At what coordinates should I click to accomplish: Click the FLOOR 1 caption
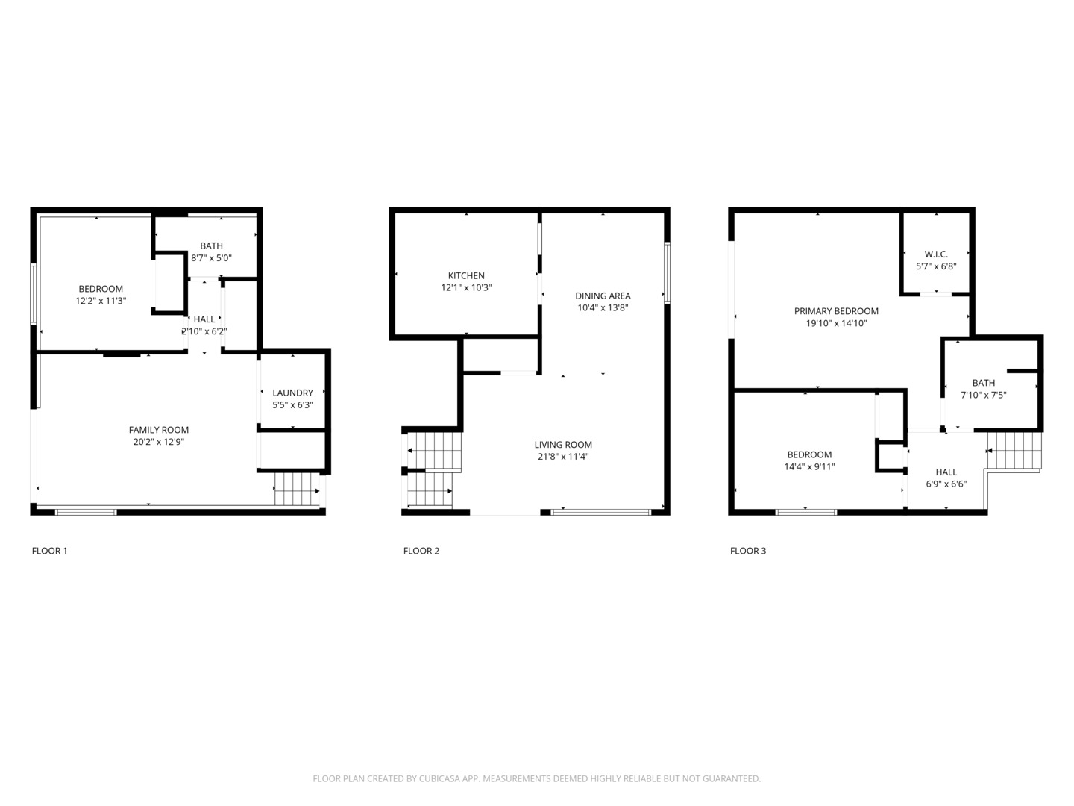pyautogui.click(x=49, y=551)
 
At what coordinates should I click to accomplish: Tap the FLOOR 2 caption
pyautogui.click(x=421, y=551)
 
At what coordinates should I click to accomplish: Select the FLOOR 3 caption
pyautogui.click(x=748, y=551)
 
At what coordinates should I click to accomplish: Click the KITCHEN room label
pyautogui.click(x=466, y=275)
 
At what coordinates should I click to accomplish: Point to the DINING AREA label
pyautogui.click(x=603, y=296)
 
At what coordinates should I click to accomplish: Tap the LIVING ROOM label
pyautogui.click(x=563, y=445)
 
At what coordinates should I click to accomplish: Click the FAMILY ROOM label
pyautogui.click(x=159, y=430)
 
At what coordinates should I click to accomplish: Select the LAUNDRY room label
pyautogui.click(x=292, y=393)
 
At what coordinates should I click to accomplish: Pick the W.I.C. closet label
pyautogui.click(x=936, y=254)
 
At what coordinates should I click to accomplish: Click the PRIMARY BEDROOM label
pyautogui.click(x=836, y=311)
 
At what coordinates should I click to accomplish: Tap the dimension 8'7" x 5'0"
pyautogui.click(x=212, y=258)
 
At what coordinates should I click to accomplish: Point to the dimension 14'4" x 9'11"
pyautogui.click(x=809, y=466)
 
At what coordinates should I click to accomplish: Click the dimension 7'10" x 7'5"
pyautogui.click(x=983, y=395)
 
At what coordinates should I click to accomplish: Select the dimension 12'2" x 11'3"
pyautogui.click(x=101, y=301)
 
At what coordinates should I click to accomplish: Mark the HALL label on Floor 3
pyautogui.click(x=946, y=472)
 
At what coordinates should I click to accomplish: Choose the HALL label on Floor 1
pyautogui.click(x=204, y=319)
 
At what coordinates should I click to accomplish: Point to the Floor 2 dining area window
pyautogui.click(x=667, y=272)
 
